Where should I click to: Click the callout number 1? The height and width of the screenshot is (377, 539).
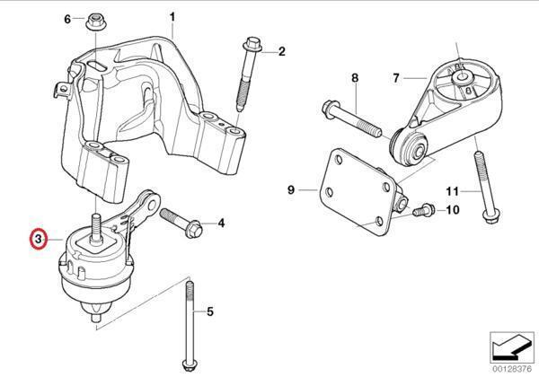pos(173,16)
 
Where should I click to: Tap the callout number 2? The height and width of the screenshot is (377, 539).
pos(280,51)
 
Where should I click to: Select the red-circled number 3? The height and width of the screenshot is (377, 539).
pos(38,240)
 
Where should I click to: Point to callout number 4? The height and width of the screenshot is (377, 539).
pos(221,222)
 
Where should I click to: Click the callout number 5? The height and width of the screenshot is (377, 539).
pos(209,313)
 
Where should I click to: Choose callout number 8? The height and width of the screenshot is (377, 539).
pos(355,79)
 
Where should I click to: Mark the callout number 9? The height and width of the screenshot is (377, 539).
pos(291,190)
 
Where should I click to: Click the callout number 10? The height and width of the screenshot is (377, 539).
pos(452,210)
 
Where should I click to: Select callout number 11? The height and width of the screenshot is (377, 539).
pos(453,191)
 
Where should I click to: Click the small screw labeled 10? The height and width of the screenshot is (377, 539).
pos(420,209)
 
